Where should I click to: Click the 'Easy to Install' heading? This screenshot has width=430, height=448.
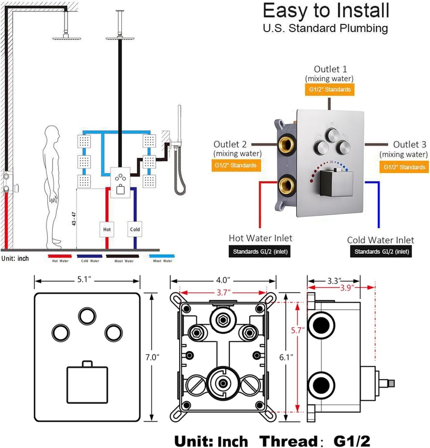click(325, 10)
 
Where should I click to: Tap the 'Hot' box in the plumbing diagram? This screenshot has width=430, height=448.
click(107, 229)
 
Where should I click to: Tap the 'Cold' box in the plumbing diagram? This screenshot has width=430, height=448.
click(135, 229)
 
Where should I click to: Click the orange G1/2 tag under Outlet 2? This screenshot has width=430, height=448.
click(235, 166)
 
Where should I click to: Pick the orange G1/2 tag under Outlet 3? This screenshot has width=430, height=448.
click(404, 167)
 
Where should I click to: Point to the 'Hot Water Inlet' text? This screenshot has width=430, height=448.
click(260, 238)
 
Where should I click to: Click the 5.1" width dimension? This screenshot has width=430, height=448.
click(87, 280)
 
